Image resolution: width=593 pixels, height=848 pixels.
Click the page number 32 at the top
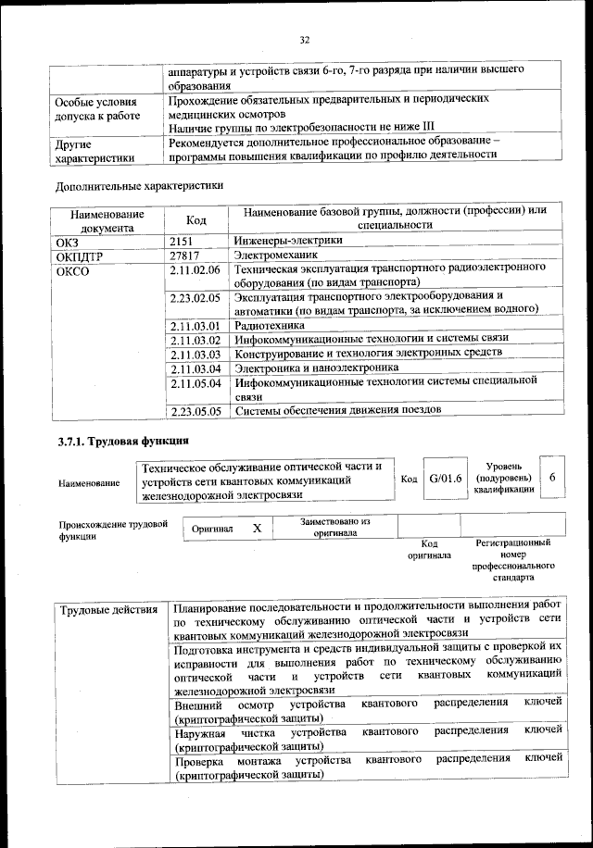point(304,39)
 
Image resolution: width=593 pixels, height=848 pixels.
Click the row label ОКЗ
point(69,241)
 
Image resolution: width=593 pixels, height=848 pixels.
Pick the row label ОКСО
point(73,269)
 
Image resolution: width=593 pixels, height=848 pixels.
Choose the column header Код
point(196,219)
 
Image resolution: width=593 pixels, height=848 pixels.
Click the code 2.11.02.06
point(195,269)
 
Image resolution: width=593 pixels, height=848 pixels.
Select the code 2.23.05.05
point(195,410)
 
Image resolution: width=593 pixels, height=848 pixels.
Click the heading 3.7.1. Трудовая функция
point(122,441)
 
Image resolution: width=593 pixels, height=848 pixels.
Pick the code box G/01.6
point(445,478)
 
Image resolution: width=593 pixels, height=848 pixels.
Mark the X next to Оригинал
point(258,527)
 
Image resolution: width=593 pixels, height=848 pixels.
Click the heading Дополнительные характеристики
point(139,185)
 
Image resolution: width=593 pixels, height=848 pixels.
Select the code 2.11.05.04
point(195,382)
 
